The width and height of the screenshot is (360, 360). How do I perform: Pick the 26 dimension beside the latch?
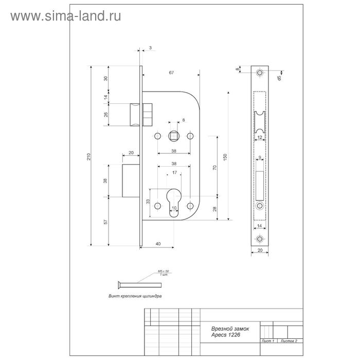(106, 114)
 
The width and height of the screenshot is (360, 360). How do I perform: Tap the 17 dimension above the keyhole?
(175, 172)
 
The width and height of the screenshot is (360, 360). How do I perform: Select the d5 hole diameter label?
(278, 78)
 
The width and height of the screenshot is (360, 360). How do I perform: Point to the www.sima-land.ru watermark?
(66, 16)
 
